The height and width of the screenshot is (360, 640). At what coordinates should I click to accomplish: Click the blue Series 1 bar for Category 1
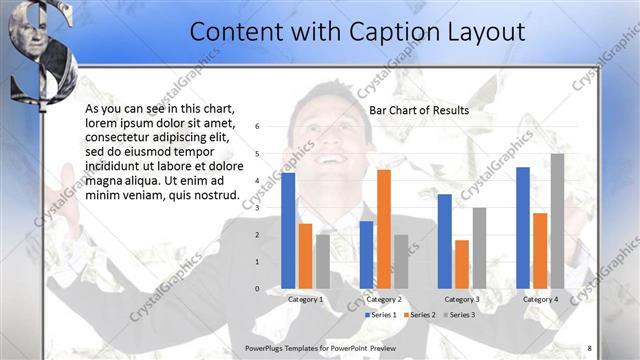point(288,230)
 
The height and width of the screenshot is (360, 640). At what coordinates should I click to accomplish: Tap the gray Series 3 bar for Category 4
point(557,221)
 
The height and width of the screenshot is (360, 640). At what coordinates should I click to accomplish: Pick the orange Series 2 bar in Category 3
point(462,263)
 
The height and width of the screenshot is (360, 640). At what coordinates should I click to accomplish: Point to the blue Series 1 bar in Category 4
point(523,227)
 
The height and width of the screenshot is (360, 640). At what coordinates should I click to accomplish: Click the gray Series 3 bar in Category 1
point(323,261)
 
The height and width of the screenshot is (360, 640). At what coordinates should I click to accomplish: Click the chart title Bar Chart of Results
point(419,110)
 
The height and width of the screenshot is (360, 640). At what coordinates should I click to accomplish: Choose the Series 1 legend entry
point(381,314)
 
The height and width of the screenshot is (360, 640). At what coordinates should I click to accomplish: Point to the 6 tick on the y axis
point(257,127)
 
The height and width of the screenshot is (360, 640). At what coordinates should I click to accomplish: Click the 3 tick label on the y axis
point(257,208)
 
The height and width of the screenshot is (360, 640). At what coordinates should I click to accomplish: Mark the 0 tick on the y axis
point(257,289)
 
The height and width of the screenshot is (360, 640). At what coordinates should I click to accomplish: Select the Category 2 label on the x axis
point(384,299)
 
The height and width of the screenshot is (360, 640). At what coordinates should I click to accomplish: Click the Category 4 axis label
point(540,299)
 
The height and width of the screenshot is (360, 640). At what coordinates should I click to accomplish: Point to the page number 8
point(589,347)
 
